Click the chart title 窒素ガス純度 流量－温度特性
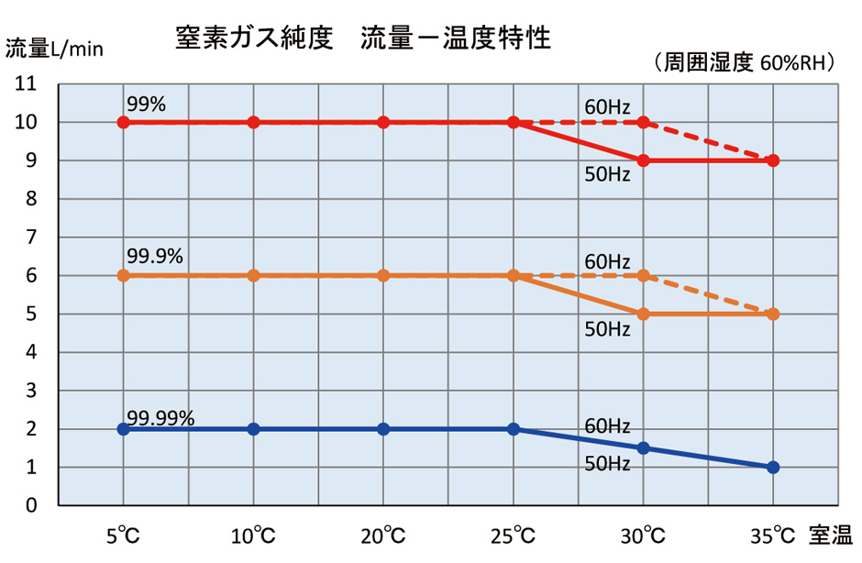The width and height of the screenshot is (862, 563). click(x=363, y=39)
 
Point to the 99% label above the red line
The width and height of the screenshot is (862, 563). click(x=147, y=105)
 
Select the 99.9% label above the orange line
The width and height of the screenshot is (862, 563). click(x=155, y=257)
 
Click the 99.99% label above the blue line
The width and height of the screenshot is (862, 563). click(x=160, y=418)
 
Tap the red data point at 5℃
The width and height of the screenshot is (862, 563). click(x=124, y=122)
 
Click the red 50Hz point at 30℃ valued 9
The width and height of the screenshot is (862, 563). click(x=643, y=160)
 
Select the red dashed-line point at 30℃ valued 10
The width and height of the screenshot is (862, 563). click(x=643, y=122)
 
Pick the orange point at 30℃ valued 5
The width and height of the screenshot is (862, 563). click(x=643, y=314)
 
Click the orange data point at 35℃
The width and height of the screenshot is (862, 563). click(x=773, y=314)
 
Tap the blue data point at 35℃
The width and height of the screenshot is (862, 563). click(x=773, y=467)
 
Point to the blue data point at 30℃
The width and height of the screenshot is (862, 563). click(x=643, y=447)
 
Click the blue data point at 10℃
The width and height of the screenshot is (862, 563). click(x=254, y=428)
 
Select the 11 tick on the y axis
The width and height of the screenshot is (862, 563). click(x=26, y=84)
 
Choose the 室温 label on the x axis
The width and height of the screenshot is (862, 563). click(x=831, y=534)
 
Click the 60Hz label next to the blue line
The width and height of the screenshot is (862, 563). click(x=607, y=426)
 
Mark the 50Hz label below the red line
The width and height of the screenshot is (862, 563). click(x=607, y=175)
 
